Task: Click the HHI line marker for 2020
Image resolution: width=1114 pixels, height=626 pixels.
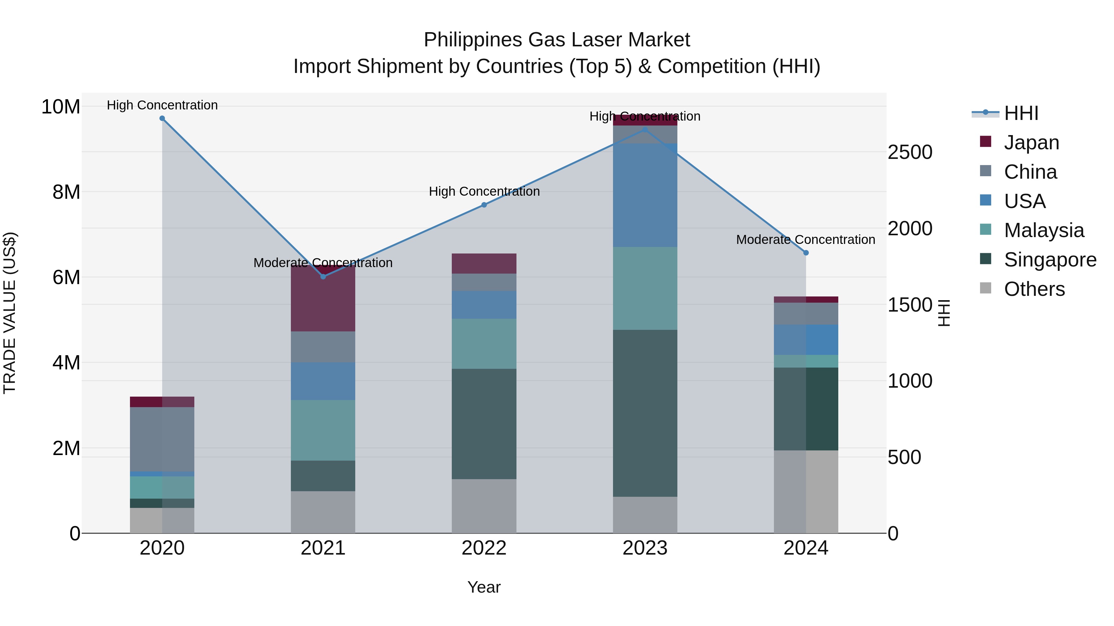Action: [x=162, y=118]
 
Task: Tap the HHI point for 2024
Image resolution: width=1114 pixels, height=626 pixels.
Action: [x=806, y=253]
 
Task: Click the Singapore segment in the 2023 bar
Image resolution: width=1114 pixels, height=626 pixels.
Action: [x=645, y=413]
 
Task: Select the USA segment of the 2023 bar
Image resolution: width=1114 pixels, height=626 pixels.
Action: [x=645, y=195]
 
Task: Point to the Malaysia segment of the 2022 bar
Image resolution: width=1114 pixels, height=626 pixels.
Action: [x=484, y=343]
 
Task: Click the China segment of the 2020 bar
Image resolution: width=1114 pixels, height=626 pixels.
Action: [x=162, y=439]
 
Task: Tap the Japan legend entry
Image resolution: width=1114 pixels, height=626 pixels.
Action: [x=1031, y=143]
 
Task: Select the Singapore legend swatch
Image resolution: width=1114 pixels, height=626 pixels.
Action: [x=986, y=259]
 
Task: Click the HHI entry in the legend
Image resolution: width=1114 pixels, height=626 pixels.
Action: [x=1021, y=113]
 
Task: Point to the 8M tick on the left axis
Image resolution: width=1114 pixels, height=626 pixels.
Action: [x=66, y=192]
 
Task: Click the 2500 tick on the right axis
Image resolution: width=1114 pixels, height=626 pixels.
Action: [x=910, y=152]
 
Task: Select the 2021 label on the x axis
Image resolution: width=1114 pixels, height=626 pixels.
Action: [x=323, y=548]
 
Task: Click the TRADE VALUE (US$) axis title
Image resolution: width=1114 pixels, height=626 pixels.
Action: [x=10, y=313]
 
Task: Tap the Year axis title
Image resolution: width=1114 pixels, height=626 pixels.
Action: [x=484, y=587]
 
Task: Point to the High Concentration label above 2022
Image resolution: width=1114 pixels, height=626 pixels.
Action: [x=484, y=191]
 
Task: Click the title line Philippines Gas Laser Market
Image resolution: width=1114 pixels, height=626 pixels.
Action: [x=557, y=40]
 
